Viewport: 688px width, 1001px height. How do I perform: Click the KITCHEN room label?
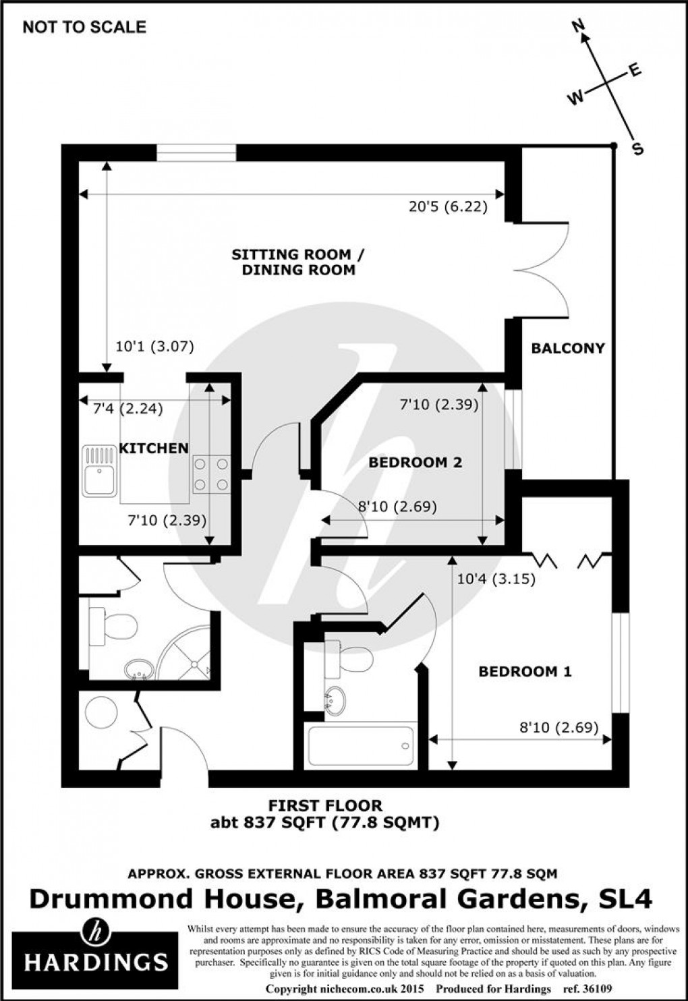[154, 448]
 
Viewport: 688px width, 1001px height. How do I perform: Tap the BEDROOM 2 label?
[415, 462]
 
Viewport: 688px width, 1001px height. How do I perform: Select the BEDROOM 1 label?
[525, 672]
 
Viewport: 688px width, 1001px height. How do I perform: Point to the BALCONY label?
[568, 348]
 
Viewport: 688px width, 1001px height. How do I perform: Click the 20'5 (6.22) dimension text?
[448, 207]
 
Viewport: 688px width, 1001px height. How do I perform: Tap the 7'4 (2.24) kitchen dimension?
[127, 409]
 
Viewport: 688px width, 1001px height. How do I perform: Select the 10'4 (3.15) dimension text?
[496, 579]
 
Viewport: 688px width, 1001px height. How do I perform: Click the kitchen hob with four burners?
[212, 474]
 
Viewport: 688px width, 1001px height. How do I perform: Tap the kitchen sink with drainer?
[99, 471]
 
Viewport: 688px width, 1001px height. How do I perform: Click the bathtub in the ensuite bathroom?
[361, 746]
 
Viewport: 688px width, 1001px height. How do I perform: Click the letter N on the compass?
[579, 27]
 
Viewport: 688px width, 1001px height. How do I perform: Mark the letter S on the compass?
[638, 149]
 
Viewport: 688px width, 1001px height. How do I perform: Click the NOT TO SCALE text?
[84, 27]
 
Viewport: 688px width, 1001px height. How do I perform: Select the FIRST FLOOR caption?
[325, 805]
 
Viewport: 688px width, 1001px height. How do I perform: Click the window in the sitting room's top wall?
[196, 153]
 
